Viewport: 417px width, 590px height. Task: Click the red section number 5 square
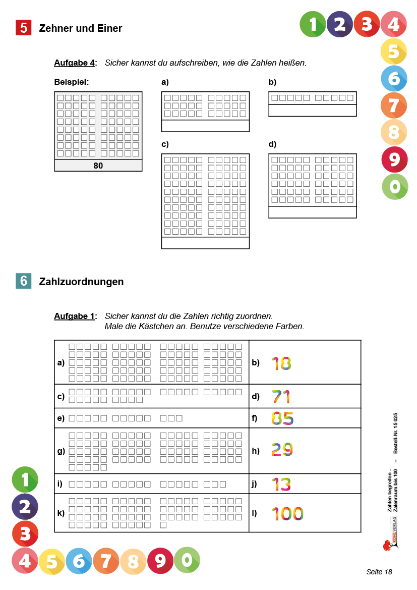pyautogui.click(x=24, y=28)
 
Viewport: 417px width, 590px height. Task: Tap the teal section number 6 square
pyautogui.click(x=24, y=281)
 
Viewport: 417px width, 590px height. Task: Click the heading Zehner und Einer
pyautogui.click(x=81, y=29)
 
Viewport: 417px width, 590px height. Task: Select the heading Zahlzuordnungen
pyautogui.click(x=81, y=282)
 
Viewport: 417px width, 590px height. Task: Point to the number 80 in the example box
pyautogui.click(x=98, y=166)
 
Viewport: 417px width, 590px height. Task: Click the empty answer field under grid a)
pyautogui.click(x=205, y=126)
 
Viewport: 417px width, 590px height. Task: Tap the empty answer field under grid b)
pyautogui.click(x=312, y=111)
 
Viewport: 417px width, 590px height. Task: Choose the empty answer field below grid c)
pyautogui.click(x=205, y=243)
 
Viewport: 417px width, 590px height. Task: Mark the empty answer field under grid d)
pyautogui.click(x=312, y=212)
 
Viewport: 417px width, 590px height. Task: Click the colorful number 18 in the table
pyautogui.click(x=281, y=363)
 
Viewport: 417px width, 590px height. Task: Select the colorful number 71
pyautogui.click(x=281, y=397)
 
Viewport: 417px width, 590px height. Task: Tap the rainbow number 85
pyautogui.click(x=282, y=418)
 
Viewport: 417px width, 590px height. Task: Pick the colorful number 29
pyautogui.click(x=282, y=450)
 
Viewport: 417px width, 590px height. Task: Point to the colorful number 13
pyautogui.click(x=281, y=485)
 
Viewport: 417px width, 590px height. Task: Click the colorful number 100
pyautogui.click(x=287, y=514)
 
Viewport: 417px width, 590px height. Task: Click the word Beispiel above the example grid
pyautogui.click(x=72, y=82)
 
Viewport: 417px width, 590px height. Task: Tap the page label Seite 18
pyautogui.click(x=379, y=572)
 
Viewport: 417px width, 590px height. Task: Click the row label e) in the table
pyautogui.click(x=61, y=418)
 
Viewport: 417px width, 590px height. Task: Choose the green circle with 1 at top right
pyautogui.click(x=313, y=24)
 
